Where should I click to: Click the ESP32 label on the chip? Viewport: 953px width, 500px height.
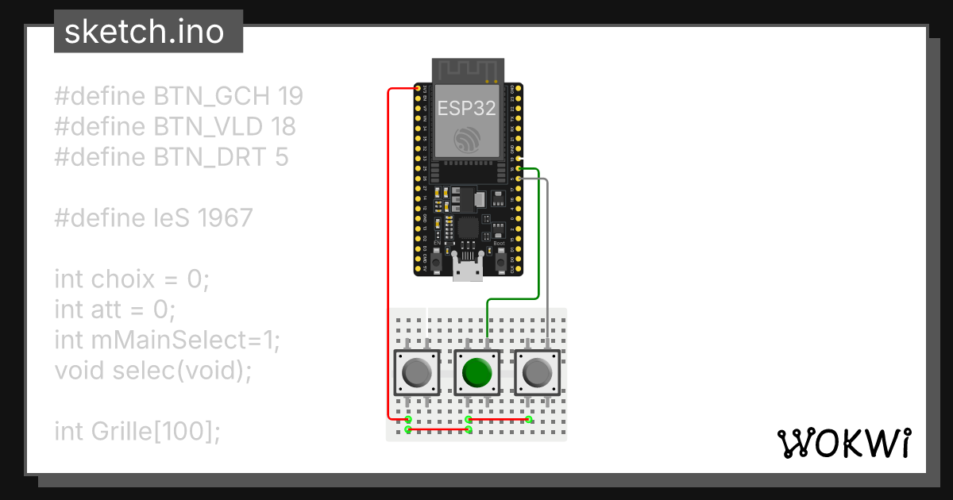click(x=469, y=109)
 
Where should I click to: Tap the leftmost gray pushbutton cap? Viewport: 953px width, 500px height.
click(x=417, y=372)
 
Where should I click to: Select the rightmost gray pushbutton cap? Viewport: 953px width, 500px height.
click(x=538, y=372)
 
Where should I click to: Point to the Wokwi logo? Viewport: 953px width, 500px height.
click(x=843, y=444)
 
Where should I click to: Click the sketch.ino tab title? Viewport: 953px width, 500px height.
click(x=144, y=33)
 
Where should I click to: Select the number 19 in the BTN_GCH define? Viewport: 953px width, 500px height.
click(x=291, y=97)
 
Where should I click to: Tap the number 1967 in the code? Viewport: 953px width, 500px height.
click(x=226, y=217)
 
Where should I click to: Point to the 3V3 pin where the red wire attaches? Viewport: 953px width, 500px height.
click(x=418, y=88)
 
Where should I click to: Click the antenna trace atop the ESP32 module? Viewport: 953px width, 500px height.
click(x=469, y=70)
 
